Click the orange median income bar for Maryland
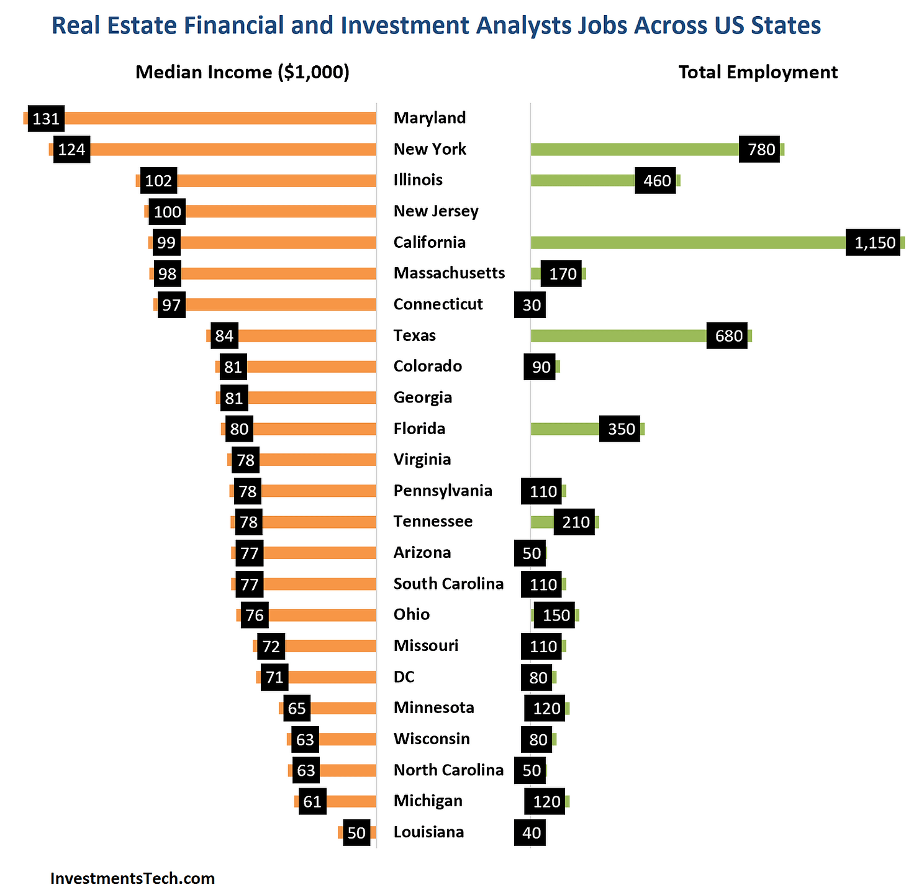coord(217,118)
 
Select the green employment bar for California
coord(683,242)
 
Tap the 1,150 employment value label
coord(872,243)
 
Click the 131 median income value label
coord(46,119)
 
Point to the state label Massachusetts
coord(449,273)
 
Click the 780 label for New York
coord(759,150)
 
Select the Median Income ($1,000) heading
coord(242,72)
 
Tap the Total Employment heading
coord(758,72)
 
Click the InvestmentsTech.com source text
coord(132,878)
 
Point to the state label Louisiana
coord(428,832)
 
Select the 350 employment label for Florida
coord(619,429)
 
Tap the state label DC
coord(404,677)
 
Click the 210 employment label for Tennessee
coord(574,522)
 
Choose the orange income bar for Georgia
coord(310,398)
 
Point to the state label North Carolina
coord(448,770)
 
